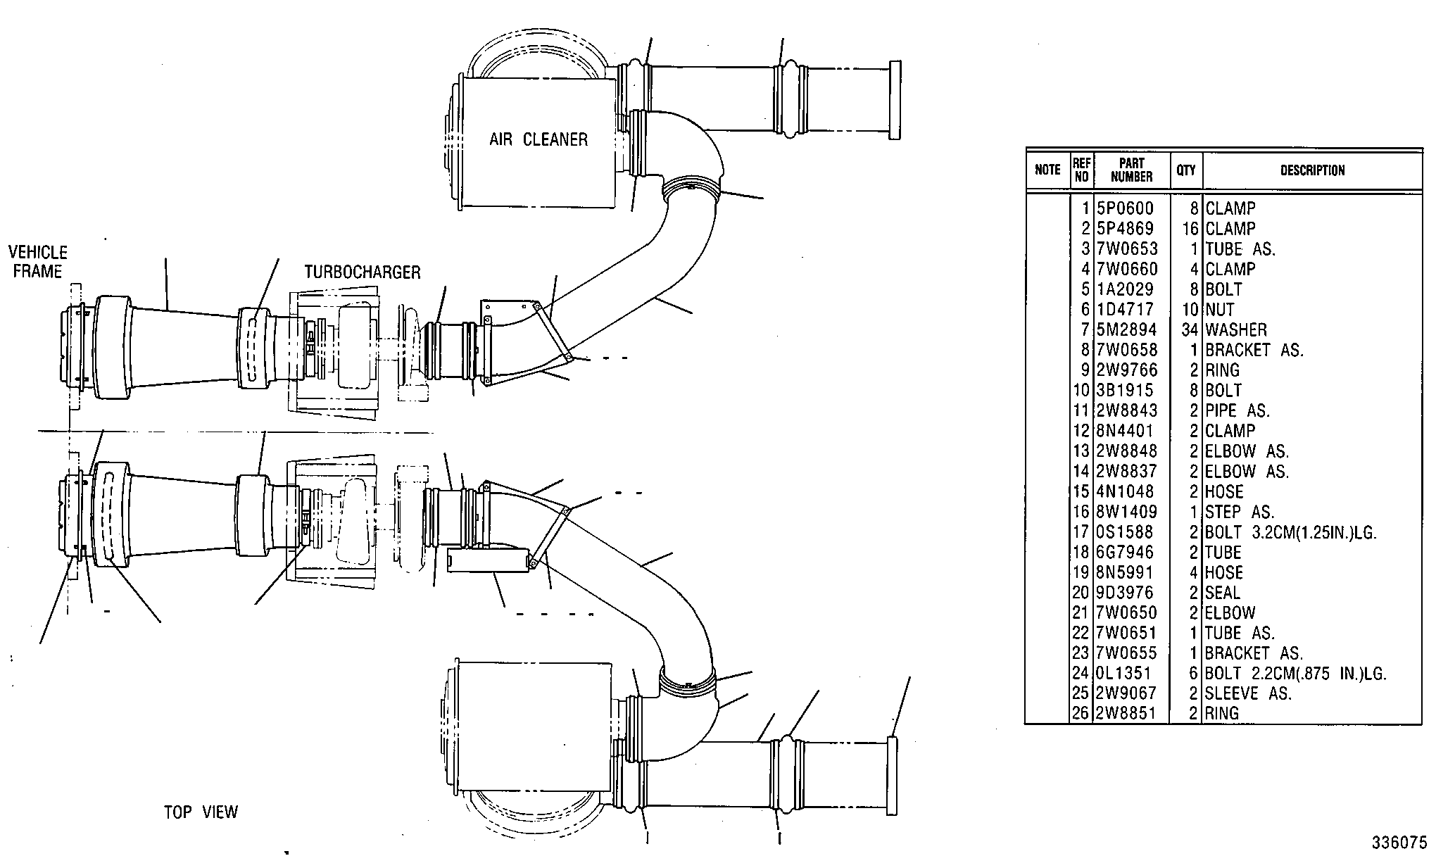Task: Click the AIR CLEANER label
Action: [x=538, y=139]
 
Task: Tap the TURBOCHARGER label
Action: [x=363, y=272]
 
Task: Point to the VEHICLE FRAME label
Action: [x=38, y=262]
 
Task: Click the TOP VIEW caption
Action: [x=201, y=812]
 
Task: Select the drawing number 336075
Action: [x=1399, y=843]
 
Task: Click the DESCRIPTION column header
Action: [x=1312, y=170]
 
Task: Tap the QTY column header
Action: [x=1186, y=170]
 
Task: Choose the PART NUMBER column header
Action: [x=1131, y=170]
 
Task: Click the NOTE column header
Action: [x=1047, y=170]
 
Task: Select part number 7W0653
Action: [x=1127, y=249]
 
